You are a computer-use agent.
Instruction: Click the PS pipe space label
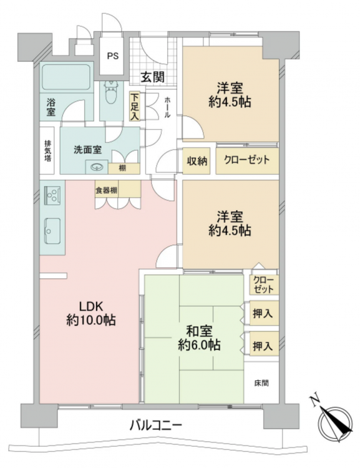[x=112, y=56]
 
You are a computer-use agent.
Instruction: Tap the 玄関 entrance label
[x=152, y=77]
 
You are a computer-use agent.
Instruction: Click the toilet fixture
[x=110, y=92]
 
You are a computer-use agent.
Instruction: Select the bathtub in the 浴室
[x=66, y=77]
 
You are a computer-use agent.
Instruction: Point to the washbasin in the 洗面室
[x=97, y=167]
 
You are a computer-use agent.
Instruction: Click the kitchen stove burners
[x=52, y=195]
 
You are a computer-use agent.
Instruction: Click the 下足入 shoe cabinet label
[x=135, y=106]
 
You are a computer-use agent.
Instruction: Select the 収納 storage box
[x=197, y=161]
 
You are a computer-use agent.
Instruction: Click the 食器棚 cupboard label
[x=106, y=190]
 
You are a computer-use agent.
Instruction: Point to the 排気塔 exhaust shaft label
[x=47, y=150]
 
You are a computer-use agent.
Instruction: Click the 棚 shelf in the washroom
[x=124, y=168]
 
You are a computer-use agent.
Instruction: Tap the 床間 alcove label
[x=261, y=383]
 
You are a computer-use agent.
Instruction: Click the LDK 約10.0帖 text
[x=90, y=313]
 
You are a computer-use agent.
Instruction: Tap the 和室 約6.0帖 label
[x=199, y=338]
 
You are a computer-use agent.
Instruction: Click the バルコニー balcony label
[x=155, y=425]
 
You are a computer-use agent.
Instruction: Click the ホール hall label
[x=167, y=107]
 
